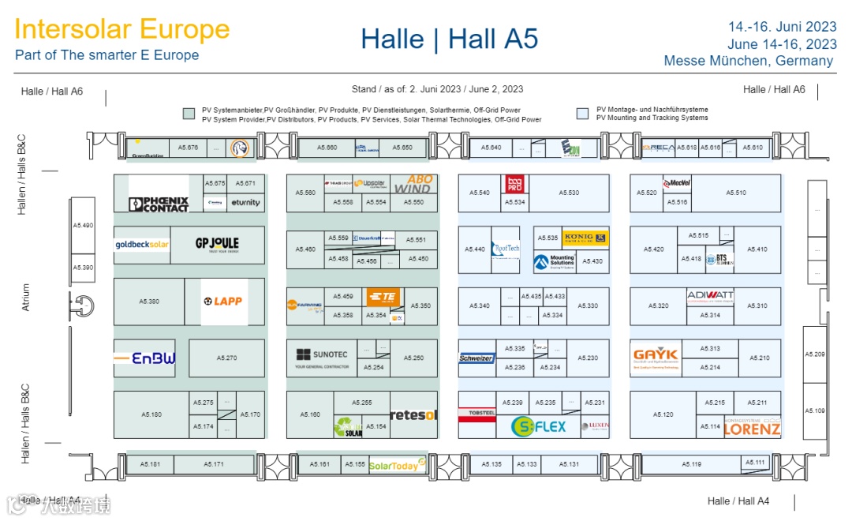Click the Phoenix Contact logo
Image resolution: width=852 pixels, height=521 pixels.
click(159, 204)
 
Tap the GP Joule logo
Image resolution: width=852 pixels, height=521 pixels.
click(217, 243)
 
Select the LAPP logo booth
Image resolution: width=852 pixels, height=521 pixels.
click(223, 302)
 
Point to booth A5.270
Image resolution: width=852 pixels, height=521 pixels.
click(226, 358)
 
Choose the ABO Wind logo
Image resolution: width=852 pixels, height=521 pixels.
click(414, 184)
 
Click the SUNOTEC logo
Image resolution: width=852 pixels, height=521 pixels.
click(322, 357)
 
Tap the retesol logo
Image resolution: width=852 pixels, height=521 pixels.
click(413, 415)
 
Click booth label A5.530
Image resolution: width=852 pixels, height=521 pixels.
click(569, 193)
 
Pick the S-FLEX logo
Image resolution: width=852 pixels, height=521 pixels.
click(539, 427)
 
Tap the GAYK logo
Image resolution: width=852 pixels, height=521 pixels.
click(656, 356)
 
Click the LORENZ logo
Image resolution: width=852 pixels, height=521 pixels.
click(752, 428)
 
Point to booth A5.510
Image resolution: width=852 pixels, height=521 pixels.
click(736, 193)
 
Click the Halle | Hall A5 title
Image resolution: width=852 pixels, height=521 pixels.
click(449, 39)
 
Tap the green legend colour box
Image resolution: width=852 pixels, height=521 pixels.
click(189, 114)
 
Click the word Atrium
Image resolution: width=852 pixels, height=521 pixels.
click(25, 298)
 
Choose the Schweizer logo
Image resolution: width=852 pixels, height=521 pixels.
click(476, 358)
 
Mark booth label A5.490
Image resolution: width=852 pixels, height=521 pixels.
click(83, 226)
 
